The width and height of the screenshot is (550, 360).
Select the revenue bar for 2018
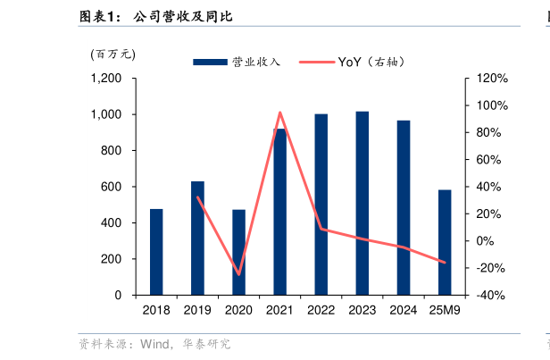coord(156,252)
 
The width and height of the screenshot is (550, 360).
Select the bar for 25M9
coord(445,242)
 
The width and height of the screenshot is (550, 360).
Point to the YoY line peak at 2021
coord(280,113)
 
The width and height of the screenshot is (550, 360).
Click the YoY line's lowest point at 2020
coord(238,274)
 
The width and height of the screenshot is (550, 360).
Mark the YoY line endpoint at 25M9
coord(445,263)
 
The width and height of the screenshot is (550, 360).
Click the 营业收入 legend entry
coord(237,62)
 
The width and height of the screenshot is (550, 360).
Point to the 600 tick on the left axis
coord(112,187)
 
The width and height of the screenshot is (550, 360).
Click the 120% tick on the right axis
coord(492,79)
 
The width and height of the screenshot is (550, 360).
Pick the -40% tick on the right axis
coord(492,295)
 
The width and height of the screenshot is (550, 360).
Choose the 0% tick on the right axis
coord(486,241)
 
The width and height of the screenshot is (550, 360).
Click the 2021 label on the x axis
coord(280,310)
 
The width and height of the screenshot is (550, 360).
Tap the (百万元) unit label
coord(112,54)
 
